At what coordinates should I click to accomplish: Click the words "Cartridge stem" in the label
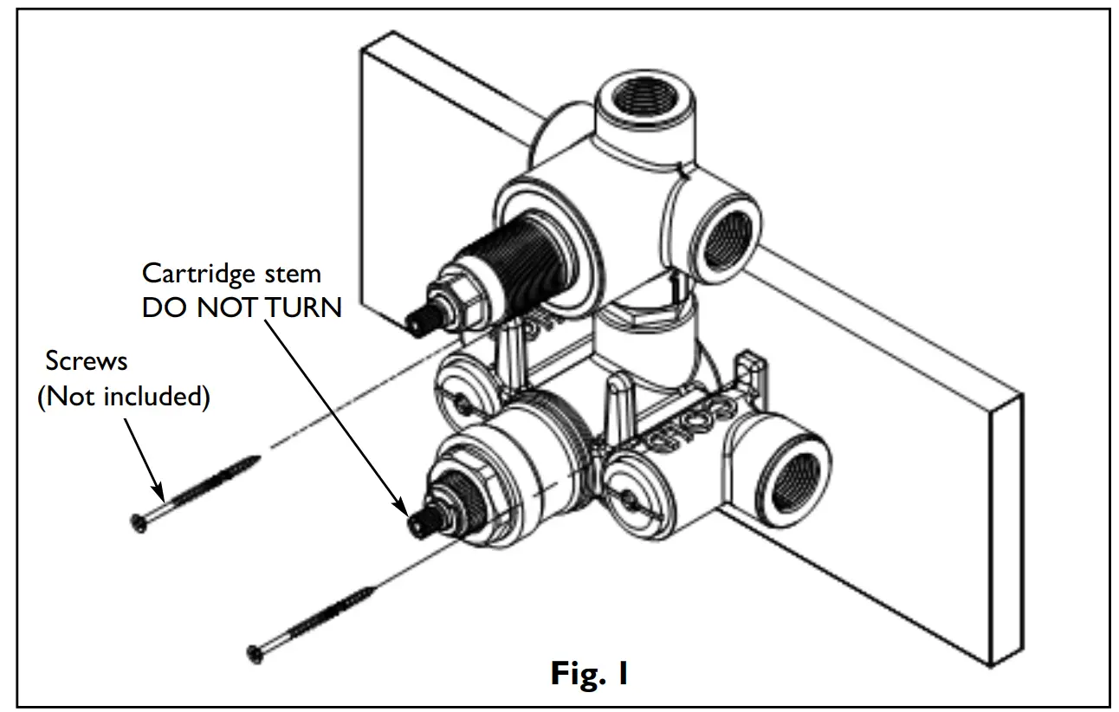[x=231, y=274]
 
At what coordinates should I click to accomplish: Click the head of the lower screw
[x=255, y=653]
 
